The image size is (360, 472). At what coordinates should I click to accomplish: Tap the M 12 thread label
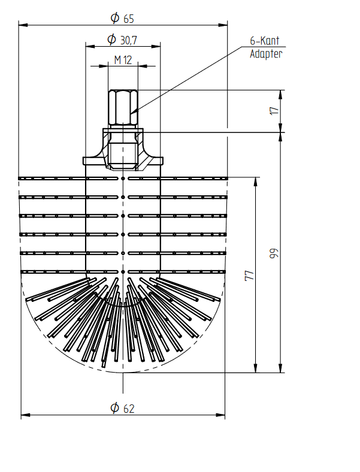pyautogui.click(x=123, y=60)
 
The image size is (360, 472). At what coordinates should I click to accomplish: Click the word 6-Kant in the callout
pyautogui.click(x=265, y=41)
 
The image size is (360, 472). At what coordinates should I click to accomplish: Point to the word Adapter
pyautogui.click(x=266, y=54)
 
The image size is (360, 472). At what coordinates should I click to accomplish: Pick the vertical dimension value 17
pyautogui.click(x=274, y=110)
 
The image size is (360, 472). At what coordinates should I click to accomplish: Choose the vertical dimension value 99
pyautogui.click(x=274, y=253)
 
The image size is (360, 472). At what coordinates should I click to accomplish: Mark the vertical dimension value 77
pyautogui.click(x=250, y=276)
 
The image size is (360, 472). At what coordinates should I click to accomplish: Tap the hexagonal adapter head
pyautogui.click(x=123, y=107)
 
